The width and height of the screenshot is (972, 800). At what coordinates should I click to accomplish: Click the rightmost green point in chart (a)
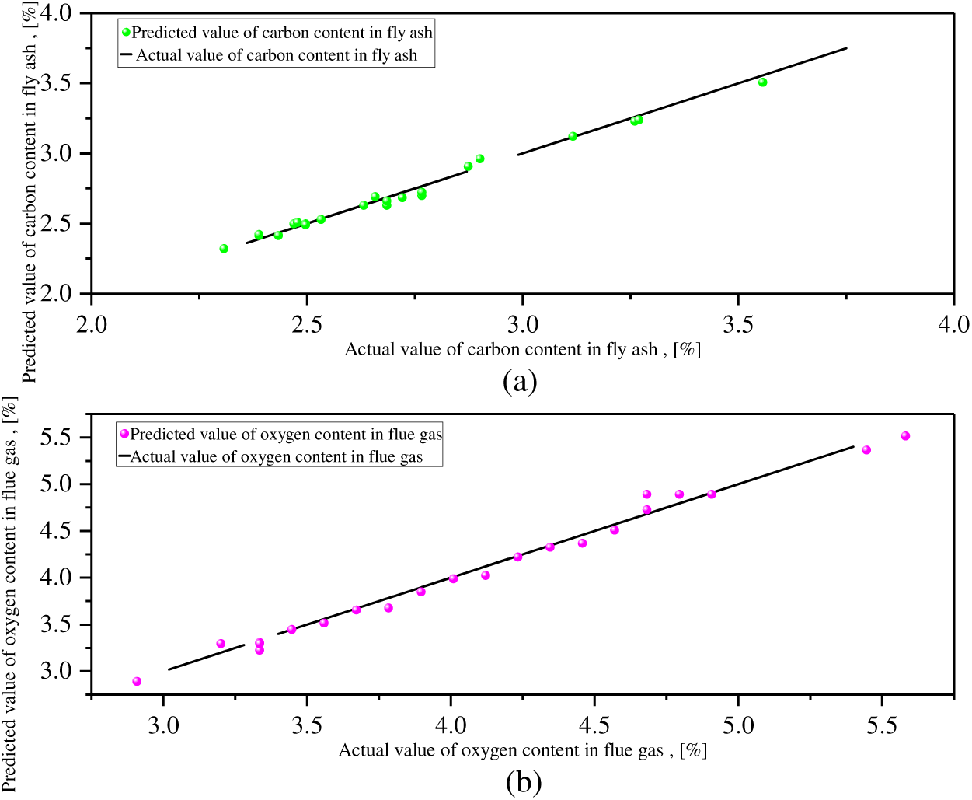(x=762, y=82)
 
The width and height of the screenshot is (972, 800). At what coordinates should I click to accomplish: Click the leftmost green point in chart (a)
(x=224, y=249)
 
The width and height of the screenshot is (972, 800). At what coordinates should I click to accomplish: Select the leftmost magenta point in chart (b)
(x=137, y=682)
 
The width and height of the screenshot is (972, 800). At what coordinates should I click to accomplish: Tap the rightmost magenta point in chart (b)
(x=905, y=436)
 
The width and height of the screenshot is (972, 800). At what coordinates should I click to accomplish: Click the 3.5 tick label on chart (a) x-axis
(x=738, y=325)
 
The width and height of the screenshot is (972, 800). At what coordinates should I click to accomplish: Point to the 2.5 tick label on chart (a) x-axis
(x=307, y=325)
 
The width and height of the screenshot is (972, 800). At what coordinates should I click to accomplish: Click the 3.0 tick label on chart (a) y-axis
(x=56, y=154)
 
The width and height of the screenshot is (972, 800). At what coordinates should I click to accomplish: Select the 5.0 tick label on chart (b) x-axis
(x=738, y=726)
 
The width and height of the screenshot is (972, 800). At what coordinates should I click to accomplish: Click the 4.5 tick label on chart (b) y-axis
(x=56, y=531)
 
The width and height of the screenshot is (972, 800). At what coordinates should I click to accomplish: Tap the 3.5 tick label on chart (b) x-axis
(x=307, y=726)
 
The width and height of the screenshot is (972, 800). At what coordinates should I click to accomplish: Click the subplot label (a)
(x=520, y=381)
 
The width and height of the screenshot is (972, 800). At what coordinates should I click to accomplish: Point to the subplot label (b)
(x=523, y=781)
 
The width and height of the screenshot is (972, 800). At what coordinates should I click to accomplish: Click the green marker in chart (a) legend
(x=126, y=32)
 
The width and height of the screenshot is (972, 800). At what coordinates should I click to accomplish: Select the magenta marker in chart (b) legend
(x=124, y=433)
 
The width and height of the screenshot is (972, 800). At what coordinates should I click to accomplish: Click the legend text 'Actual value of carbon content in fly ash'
(x=277, y=55)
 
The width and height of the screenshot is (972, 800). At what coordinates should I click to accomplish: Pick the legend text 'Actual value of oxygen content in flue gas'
(x=277, y=457)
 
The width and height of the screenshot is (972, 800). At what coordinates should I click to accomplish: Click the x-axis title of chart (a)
(x=522, y=350)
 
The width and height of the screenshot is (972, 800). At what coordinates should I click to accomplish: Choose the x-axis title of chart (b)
(x=522, y=750)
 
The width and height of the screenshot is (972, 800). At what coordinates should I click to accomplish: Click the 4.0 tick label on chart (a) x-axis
(x=953, y=325)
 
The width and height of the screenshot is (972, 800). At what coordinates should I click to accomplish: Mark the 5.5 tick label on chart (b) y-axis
(x=56, y=438)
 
